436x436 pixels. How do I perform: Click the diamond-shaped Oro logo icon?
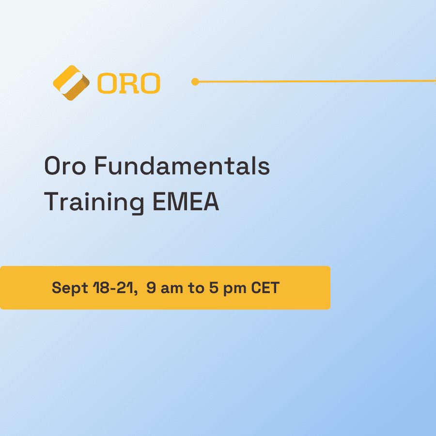click(x=71, y=82)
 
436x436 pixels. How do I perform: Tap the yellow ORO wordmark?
click(x=129, y=83)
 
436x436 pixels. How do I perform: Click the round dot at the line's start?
click(x=195, y=82)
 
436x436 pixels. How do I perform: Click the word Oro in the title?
click(x=65, y=166)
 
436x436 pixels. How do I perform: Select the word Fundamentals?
click(x=182, y=166)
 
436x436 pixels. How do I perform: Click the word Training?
click(x=94, y=202)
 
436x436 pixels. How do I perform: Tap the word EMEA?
click(x=186, y=202)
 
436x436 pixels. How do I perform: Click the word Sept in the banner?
click(x=70, y=288)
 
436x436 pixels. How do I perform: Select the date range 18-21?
click(x=113, y=287)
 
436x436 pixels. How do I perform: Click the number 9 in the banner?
click(x=151, y=287)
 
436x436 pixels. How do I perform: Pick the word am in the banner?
click(x=172, y=289)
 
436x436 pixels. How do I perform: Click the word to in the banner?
click(x=196, y=288)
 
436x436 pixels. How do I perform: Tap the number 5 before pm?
click(x=214, y=287)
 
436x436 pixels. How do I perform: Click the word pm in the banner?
click(x=235, y=290)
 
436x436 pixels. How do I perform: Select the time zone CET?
click(x=265, y=287)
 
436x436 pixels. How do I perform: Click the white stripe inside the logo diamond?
click(x=71, y=83)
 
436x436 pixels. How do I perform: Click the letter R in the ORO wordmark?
click(x=129, y=83)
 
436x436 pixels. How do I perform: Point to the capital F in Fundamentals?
click(x=101, y=166)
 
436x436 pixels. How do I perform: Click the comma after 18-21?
click(x=136, y=293)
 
